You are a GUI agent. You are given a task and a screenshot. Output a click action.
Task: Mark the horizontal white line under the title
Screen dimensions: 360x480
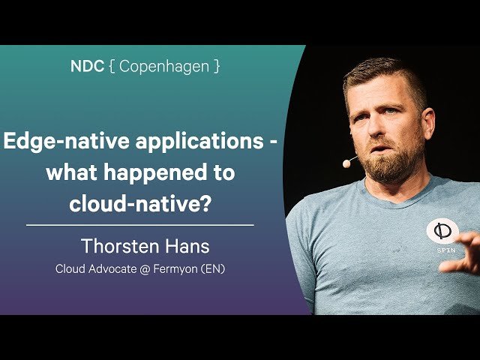pos(139,224)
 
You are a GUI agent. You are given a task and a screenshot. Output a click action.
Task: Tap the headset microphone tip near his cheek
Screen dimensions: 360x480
pos(346,162)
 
